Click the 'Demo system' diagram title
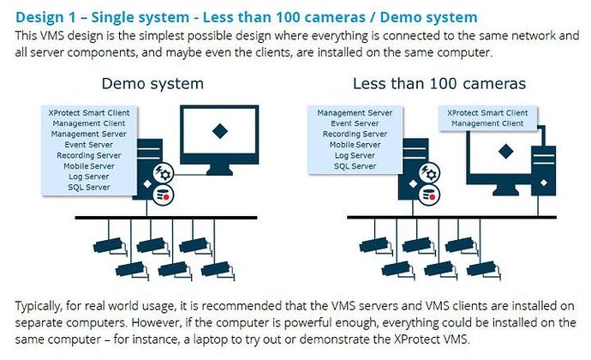click(x=152, y=84)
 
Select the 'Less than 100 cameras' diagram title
click(x=439, y=84)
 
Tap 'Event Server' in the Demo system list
click(x=88, y=145)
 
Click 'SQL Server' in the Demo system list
click(x=89, y=187)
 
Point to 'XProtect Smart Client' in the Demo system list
click(x=89, y=113)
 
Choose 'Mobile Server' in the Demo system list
click(x=89, y=166)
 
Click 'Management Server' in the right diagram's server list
click(x=355, y=113)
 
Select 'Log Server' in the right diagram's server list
click(x=355, y=155)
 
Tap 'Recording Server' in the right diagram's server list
click(x=355, y=134)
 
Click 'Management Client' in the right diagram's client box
click(x=487, y=123)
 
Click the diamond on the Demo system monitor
click(x=220, y=131)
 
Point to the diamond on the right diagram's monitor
click(x=505, y=152)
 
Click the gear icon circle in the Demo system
click(x=164, y=173)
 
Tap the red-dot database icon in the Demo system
click(x=164, y=195)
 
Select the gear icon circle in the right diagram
click(x=430, y=173)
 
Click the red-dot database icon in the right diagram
click(x=430, y=195)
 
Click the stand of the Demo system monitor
click(x=220, y=170)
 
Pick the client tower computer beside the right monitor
click(x=543, y=171)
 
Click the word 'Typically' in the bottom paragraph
click(x=38, y=306)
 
